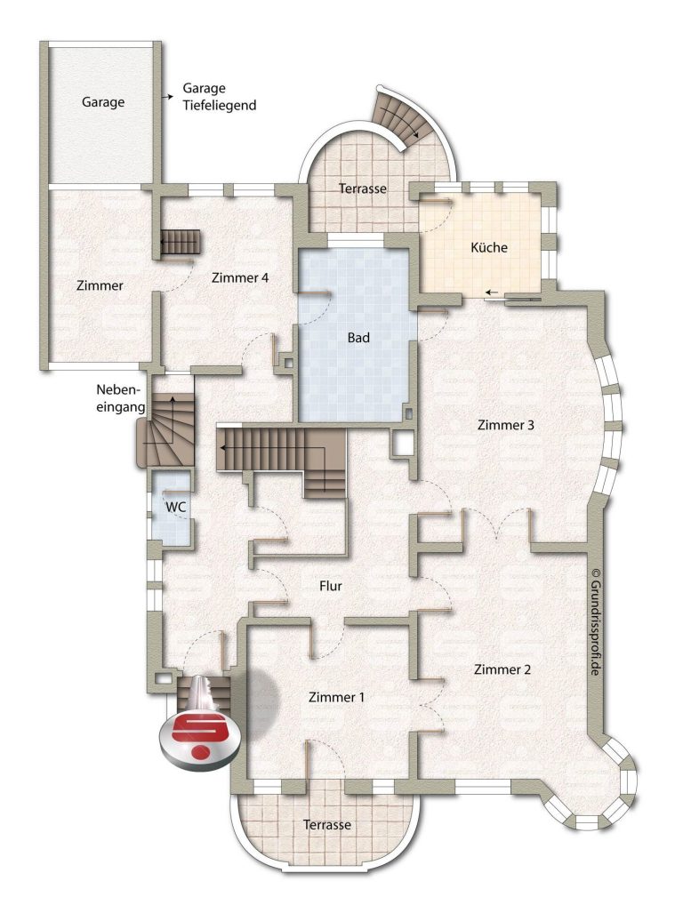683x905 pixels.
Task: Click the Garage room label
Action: (103, 102)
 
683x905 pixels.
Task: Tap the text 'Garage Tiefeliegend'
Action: (220, 97)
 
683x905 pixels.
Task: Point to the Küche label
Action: (489, 248)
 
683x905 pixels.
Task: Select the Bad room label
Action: (358, 337)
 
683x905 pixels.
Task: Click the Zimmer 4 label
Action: (240, 277)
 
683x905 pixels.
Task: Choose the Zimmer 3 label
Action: (506, 425)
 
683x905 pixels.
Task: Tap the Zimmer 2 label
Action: (502, 669)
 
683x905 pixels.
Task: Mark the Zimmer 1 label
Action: (336, 697)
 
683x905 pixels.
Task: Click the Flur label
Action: (331, 587)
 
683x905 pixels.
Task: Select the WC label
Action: (175, 508)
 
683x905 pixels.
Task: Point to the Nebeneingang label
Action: (120, 398)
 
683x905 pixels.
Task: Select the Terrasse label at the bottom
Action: (326, 825)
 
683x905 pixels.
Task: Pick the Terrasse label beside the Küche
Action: (363, 188)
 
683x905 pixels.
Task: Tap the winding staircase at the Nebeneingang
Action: (165, 430)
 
